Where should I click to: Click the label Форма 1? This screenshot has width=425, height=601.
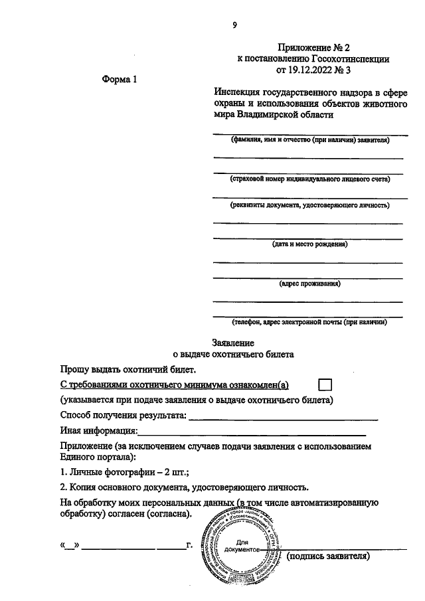(120, 80)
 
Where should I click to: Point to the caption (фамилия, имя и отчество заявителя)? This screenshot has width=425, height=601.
(309, 141)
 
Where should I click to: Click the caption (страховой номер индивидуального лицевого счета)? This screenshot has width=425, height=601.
(309, 179)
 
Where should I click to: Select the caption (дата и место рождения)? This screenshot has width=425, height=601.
(309, 244)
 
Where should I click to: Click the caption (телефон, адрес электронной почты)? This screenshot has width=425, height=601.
(309, 322)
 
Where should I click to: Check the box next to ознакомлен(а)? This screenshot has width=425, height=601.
(325, 385)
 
